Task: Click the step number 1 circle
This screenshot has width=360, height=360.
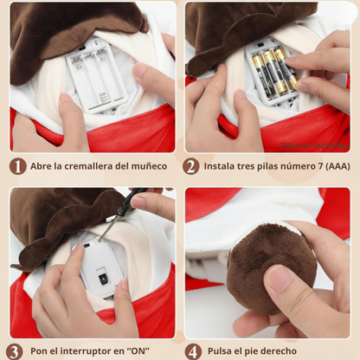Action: click(x=17, y=166)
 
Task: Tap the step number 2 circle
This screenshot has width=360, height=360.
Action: click(x=191, y=166)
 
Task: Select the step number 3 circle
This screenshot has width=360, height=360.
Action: click(x=15, y=351)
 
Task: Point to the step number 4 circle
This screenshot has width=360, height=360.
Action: click(x=191, y=351)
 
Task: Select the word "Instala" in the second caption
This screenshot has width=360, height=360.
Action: click(x=222, y=166)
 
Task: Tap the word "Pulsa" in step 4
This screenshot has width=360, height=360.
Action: click(x=223, y=352)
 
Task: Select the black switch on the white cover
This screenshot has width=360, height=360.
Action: click(x=102, y=279)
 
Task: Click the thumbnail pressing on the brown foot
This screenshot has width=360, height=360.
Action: click(x=280, y=278)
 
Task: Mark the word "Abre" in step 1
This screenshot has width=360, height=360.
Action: click(x=42, y=166)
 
